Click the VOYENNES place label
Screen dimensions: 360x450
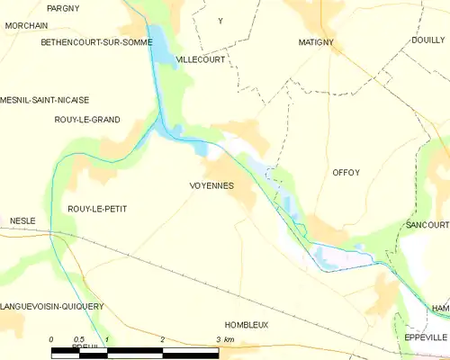[x=211, y=185]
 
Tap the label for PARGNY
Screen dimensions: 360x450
[x=63, y=8]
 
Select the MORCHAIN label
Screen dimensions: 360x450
[x=25, y=25]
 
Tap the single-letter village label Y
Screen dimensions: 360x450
[x=220, y=20]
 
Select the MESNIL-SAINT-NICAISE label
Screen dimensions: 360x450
[x=45, y=100]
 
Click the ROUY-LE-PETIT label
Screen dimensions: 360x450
[x=97, y=209]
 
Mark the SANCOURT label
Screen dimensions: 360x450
[x=427, y=224]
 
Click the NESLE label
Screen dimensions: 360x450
[x=22, y=220]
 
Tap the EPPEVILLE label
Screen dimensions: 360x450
[x=426, y=337]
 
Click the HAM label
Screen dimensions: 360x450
[x=439, y=309]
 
